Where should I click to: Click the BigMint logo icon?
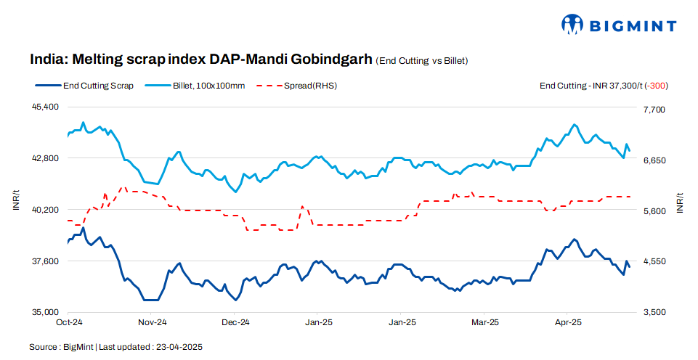tap(572, 25)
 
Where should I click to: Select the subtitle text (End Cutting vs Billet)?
tap(421, 60)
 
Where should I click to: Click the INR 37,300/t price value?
tap(616, 86)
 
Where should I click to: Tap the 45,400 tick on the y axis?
tap(46, 107)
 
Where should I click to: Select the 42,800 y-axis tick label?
tap(46, 158)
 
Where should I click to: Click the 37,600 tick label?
tap(46, 261)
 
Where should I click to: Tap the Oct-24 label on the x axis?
tap(69, 322)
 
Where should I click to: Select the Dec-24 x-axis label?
tap(235, 322)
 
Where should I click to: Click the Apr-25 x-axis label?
tap(568, 322)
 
